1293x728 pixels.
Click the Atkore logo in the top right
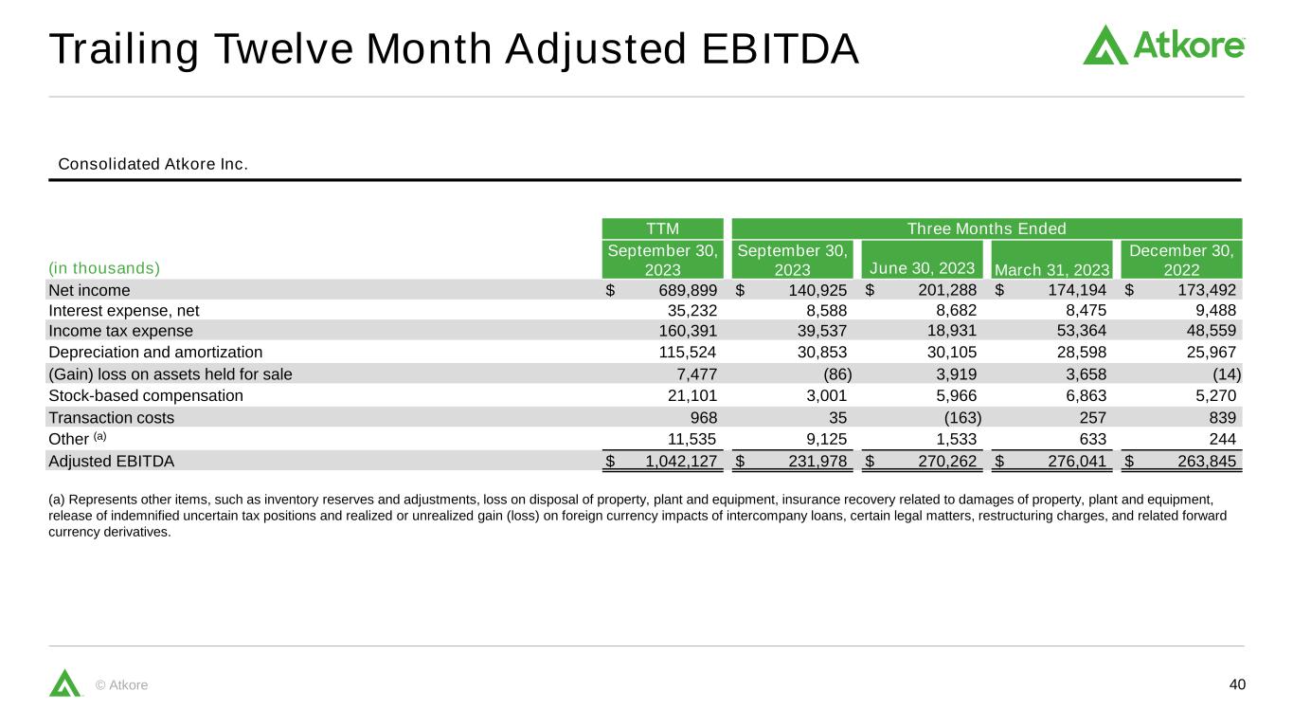pos(1163,45)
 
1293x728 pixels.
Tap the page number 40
pos(1237,684)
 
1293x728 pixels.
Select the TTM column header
pos(662,228)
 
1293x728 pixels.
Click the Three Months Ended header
pos(986,228)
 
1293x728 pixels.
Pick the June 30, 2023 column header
pos(922,268)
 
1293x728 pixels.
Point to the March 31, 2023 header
pos(1051,270)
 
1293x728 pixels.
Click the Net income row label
pos(89,290)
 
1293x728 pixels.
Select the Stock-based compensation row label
pos(146,396)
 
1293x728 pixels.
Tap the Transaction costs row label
pos(112,418)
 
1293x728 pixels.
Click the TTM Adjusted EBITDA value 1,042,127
pos(680,461)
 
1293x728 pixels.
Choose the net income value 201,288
pos(947,290)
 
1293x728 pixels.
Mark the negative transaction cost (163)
pos(962,418)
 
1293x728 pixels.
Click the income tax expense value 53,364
pos(1082,331)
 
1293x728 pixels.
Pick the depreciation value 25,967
pos(1211,353)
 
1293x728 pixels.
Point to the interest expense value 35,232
pos(692,311)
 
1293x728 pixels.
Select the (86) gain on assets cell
pos(837,374)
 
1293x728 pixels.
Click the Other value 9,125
pos(827,439)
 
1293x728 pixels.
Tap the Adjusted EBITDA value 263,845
pos(1207,461)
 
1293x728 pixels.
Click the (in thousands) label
pos(104,268)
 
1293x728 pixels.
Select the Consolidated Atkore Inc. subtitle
pos(153,164)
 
